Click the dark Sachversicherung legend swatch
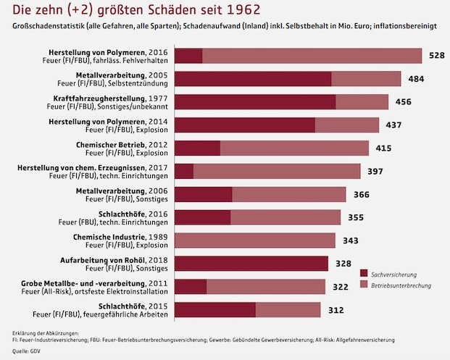coord(364,273)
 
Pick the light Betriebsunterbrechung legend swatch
coord(364,286)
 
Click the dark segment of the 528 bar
coord(189,56)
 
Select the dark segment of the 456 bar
coord(256,102)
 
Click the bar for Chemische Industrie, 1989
coord(256,240)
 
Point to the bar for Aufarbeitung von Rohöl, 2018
coord(252,264)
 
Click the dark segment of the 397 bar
coord(185,171)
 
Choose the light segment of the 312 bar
coord(288,310)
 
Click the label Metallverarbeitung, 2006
coord(122,190)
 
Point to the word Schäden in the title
coord(173,11)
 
